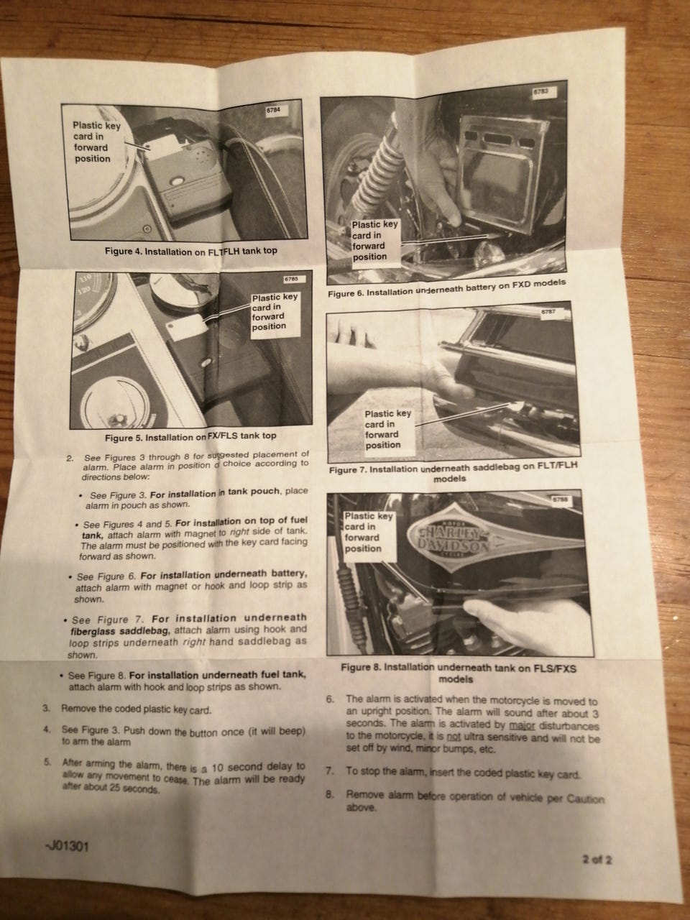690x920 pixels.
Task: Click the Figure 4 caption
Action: pos(190,251)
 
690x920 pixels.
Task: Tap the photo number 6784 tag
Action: pos(272,110)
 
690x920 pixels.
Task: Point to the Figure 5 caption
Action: pos(190,437)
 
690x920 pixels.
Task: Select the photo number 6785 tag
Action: pos(295,279)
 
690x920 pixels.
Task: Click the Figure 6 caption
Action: pos(446,288)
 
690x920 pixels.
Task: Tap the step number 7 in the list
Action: pos(330,770)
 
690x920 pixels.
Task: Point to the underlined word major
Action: pos(522,725)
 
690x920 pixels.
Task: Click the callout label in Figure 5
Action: pos(275,311)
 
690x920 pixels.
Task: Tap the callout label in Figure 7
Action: pos(388,429)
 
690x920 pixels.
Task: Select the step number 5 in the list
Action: pos(47,762)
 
